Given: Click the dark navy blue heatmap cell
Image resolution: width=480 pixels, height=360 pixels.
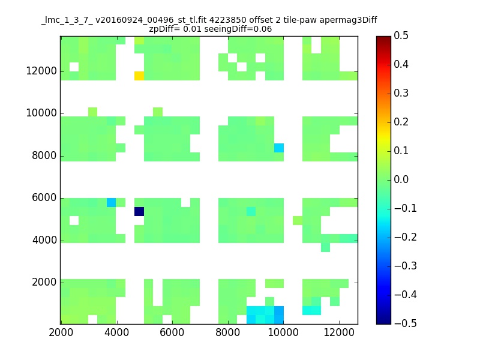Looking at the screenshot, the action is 139,212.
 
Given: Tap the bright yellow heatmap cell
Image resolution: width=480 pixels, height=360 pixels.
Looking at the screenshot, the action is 139,76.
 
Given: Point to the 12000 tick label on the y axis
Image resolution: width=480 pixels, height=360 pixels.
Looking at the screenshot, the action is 41,71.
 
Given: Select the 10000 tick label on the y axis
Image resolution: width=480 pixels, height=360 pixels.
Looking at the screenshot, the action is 41,113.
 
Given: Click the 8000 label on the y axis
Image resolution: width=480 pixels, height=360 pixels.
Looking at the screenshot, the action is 44,155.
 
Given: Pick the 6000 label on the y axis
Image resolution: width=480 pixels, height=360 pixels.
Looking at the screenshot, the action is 44,198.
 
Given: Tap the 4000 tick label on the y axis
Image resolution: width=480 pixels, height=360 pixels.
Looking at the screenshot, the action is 44,240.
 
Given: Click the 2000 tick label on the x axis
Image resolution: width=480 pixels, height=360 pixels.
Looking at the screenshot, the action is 61,332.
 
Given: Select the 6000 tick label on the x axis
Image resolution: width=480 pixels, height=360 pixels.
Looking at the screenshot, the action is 172,332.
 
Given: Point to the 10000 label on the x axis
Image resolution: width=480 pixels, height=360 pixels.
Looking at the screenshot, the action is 283,332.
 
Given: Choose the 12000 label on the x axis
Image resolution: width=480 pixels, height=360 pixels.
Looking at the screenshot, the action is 339,332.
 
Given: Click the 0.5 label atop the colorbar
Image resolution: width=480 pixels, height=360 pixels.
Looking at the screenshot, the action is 401,35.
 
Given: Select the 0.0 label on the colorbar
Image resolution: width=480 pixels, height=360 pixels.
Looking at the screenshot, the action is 401,179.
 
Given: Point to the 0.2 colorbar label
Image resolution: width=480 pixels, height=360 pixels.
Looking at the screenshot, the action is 401,122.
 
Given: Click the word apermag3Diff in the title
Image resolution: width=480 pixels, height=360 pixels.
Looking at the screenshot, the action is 349,20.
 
